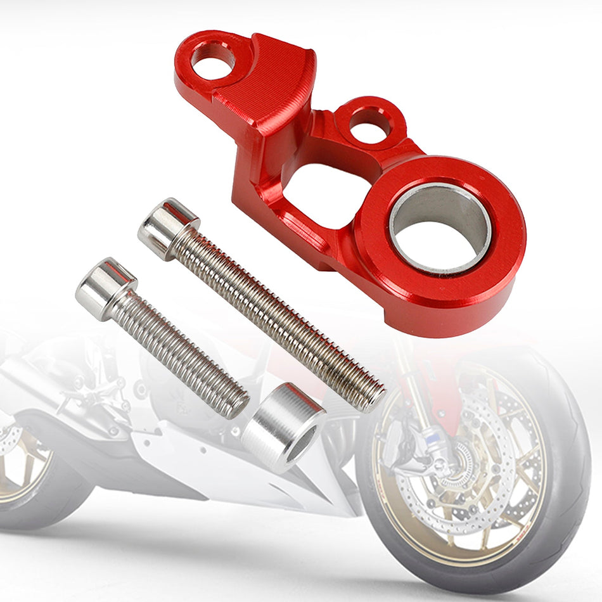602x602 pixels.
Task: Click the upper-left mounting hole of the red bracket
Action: [213, 60]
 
